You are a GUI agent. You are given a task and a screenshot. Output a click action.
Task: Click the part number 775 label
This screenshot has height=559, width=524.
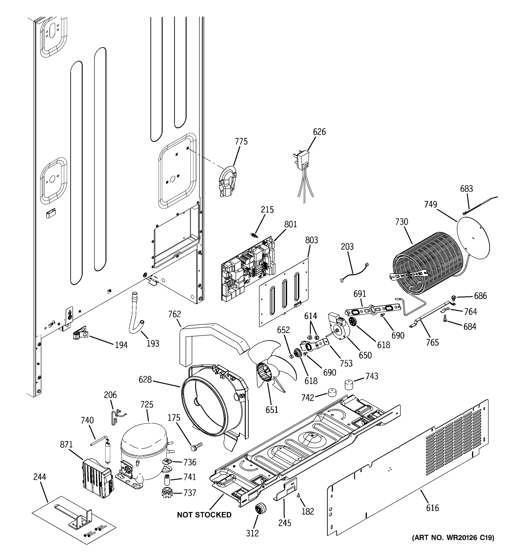[241, 141]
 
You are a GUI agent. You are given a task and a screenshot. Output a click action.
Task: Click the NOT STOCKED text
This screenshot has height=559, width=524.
[204, 515]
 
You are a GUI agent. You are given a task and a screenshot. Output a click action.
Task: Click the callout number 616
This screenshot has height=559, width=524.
[432, 508]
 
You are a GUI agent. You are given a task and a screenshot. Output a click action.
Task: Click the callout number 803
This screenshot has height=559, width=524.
[311, 240]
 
